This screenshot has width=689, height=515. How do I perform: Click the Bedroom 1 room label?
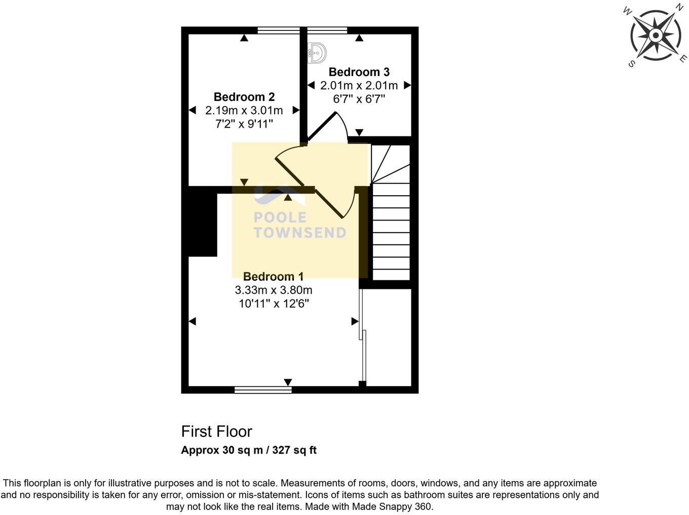click(x=273, y=276)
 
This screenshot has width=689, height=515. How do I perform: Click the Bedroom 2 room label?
click(x=244, y=97)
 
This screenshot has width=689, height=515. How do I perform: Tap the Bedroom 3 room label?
click(x=359, y=72)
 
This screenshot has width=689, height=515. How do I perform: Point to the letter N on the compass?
click(x=678, y=7)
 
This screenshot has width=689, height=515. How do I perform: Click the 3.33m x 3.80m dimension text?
click(x=273, y=290)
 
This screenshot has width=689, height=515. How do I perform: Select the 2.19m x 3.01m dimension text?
click(x=244, y=110)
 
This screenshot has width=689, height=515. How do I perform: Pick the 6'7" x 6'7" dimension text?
click(x=359, y=99)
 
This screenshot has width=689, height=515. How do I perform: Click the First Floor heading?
click(x=216, y=431)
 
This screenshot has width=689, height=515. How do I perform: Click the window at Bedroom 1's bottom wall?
click(x=263, y=390)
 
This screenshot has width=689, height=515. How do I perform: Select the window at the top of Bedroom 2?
click(x=278, y=30)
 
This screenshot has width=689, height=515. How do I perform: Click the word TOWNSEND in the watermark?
click(x=300, y=233)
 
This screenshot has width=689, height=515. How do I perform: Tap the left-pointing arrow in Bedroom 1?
click(x=192, y=321)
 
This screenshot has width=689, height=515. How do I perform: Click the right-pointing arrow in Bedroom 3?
click(x=407, y=86)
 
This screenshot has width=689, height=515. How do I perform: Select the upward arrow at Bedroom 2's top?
click(x=244, y=38)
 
